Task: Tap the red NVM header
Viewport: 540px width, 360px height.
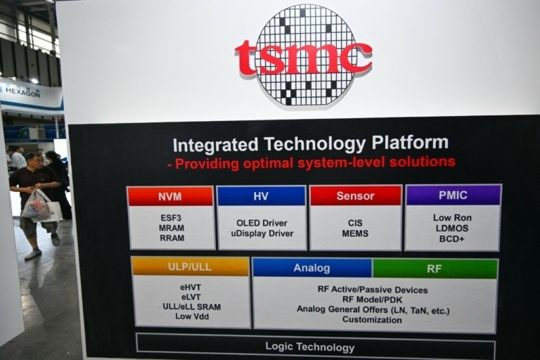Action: click(x=169, y=196)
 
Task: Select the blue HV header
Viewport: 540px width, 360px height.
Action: click(x=261, y=196)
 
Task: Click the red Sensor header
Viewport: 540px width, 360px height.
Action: click(x=355, y=195)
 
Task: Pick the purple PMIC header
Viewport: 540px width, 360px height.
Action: click(x=453, y=195)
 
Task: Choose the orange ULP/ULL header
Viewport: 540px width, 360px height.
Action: click(x=190, y=266)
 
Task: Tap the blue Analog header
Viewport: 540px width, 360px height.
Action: click(x=311, y=268)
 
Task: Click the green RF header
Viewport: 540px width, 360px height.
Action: click(x=435, y=269)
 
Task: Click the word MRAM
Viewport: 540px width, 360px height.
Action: click(x=172, y=228)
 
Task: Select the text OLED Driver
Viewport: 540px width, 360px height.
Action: click(x=262, y=224)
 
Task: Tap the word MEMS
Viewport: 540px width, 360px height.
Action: click(x=355, y=233)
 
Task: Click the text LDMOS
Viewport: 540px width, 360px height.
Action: click(x=452, y=228)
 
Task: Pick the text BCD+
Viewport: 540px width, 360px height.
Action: click(x=452, y=238)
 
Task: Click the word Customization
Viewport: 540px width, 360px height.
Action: click(x=373, y=319)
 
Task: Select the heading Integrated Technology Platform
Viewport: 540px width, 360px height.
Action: click(x=310, y=144)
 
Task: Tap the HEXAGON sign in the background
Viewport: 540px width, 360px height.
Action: click(x=22, y=91)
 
